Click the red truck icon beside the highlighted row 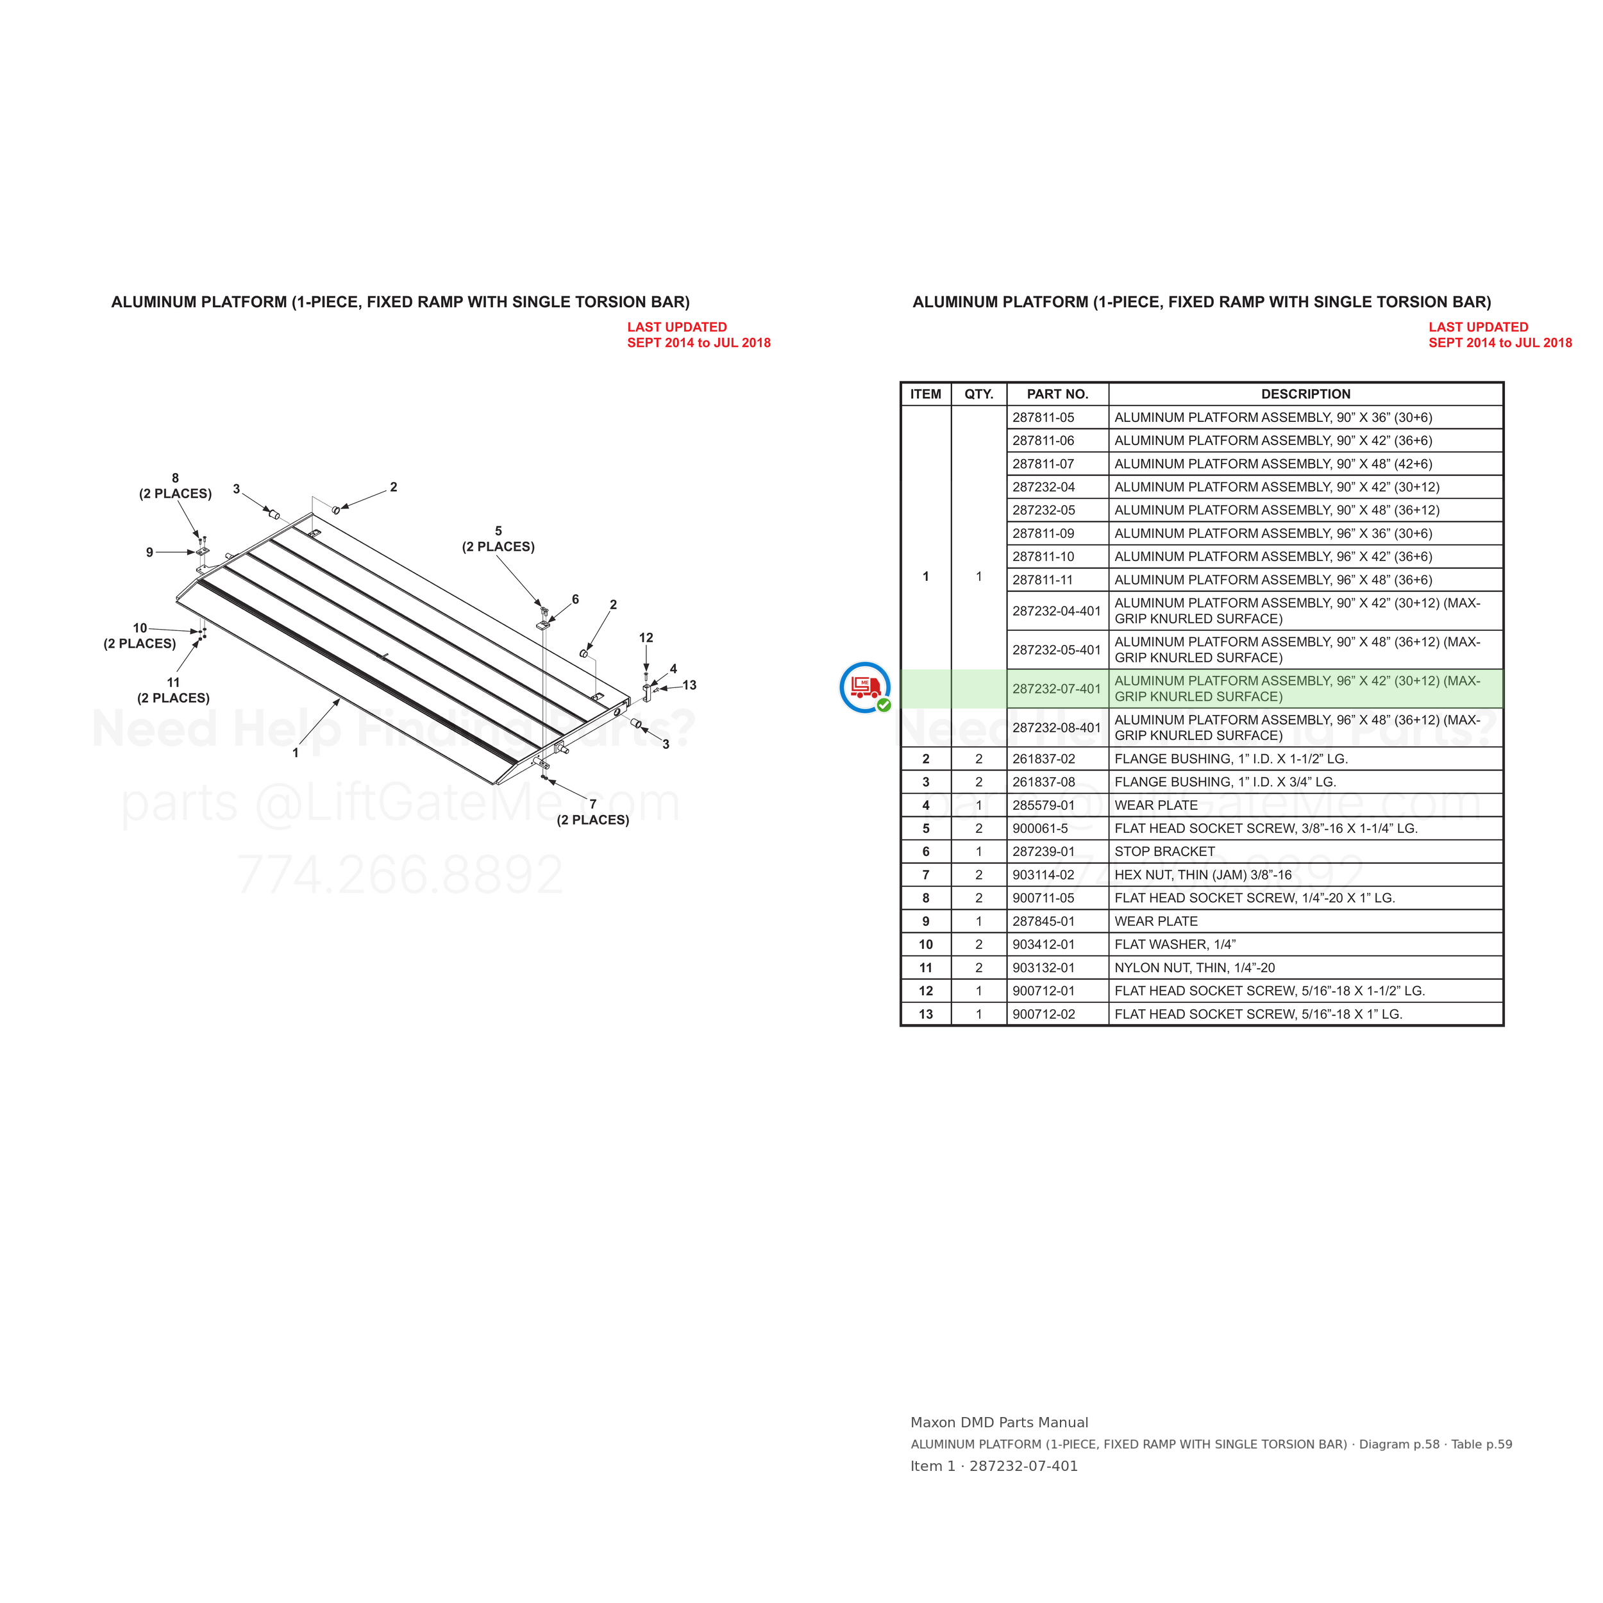pyautogui.click(x=866, y=687)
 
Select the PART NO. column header pyautogui.click(x=1057, y=394)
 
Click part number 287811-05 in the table pyautogui.click(x=1043, y=417)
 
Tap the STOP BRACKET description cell pyautogui.click(x=1164, y=852)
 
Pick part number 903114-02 pyautogui.click(x=1043, y=875)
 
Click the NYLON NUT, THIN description pyautogui.click(x=1194, y=968)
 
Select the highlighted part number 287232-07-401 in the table pyautogui.click(x=1056, y=689)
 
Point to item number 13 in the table pyautogui.click(x=926, y=1014)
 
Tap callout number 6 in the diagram pyautogui.click(x=575, y=599)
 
